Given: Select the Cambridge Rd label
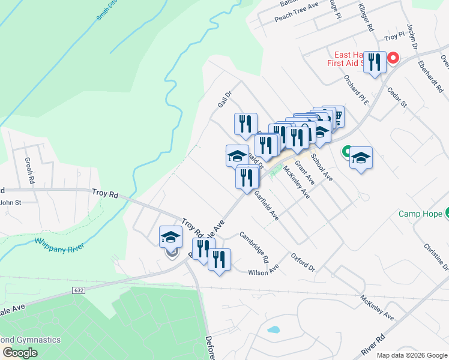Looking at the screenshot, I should [255, 247].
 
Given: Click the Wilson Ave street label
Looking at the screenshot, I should [264, 272].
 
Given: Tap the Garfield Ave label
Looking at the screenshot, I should [265, 205].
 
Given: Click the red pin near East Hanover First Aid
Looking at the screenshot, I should [393, 58].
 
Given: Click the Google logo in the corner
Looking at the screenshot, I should [20, 353].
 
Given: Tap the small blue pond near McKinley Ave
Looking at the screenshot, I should [273, 329].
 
